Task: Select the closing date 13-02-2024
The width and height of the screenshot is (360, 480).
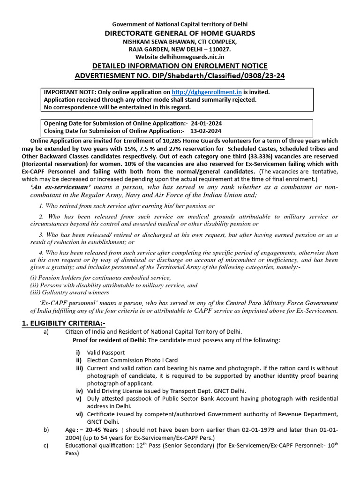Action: click(204, 131)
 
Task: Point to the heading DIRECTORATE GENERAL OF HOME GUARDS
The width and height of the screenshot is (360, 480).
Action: click(180, 33)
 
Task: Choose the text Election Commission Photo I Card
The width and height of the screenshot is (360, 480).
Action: click(132, 360)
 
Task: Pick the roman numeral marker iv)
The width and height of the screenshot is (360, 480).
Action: click(79, 391)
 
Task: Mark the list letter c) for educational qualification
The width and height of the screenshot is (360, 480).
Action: click(46, 445)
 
